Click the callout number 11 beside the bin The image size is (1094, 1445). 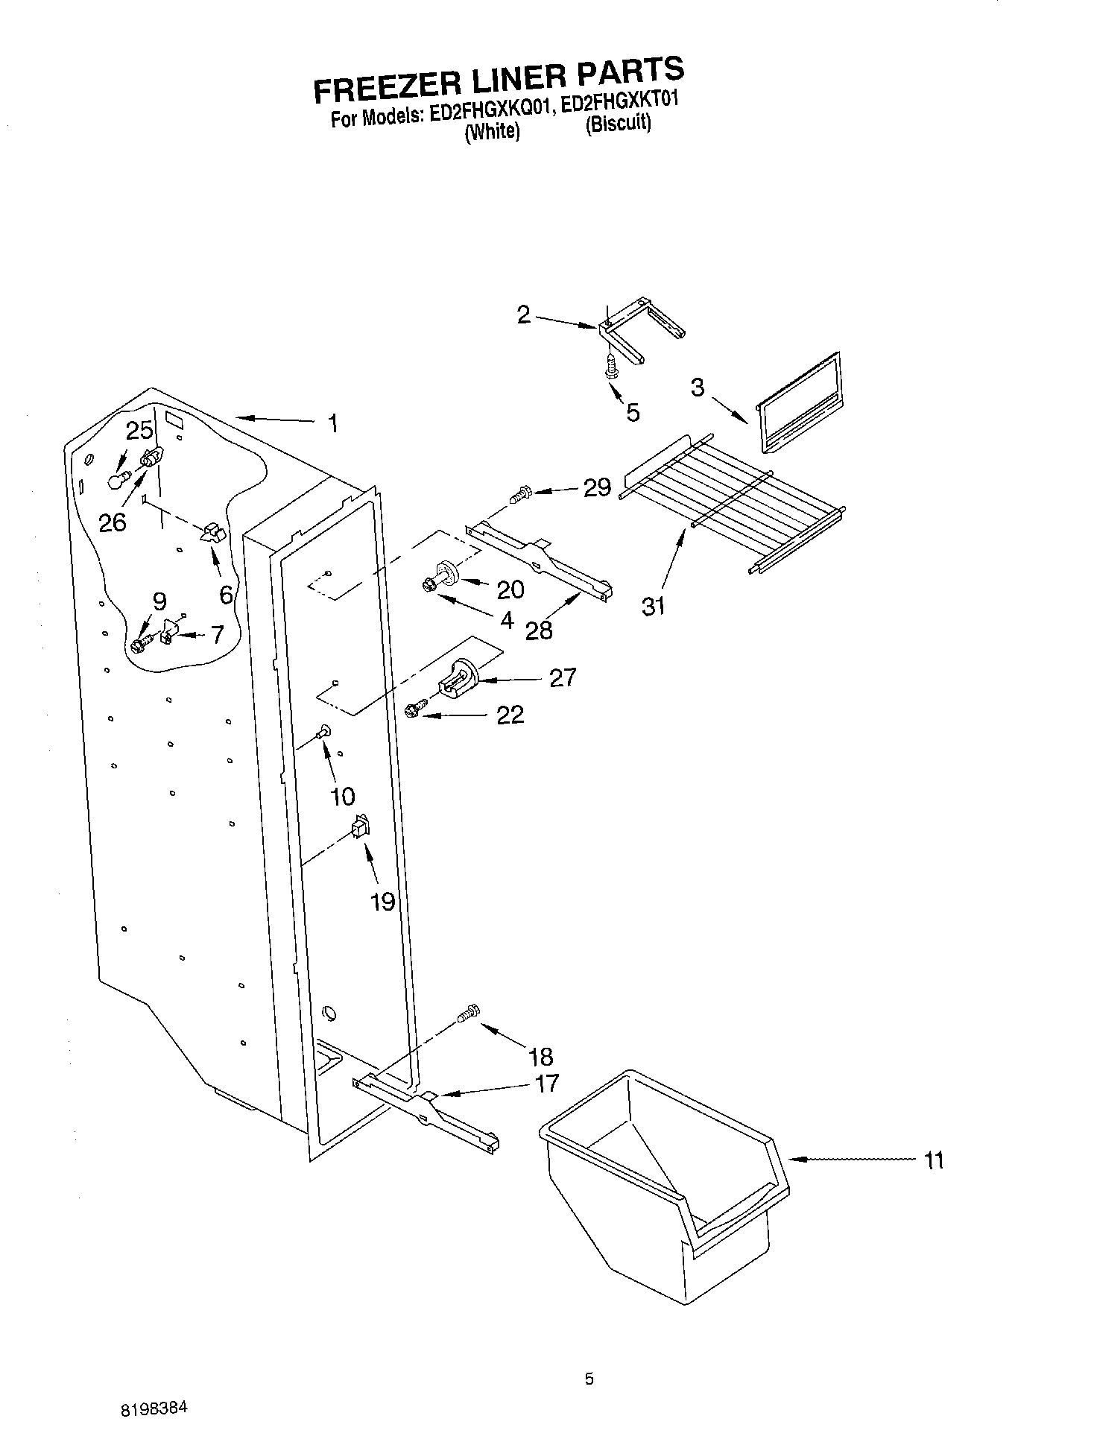click(x=933, y=1160)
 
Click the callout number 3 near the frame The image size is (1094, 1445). click(x=697, y=388)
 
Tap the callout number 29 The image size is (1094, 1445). click(x=597, y=488)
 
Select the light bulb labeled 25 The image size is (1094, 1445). click(x=117, y=479)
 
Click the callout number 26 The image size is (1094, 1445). click(x=113, y=522)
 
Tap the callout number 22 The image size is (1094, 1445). click(x=510, y=715)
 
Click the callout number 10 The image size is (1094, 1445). click(x=342, y=796)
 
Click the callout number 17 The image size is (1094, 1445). click(x=546, y=1083)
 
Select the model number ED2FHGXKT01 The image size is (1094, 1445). click(x=619, y=105)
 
